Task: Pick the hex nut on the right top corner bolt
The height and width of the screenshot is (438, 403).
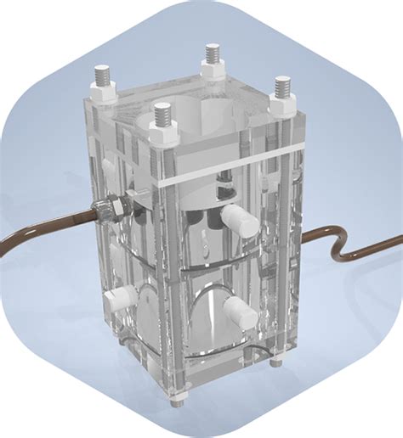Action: click(282, 101)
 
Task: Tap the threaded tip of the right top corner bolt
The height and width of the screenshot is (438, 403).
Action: click(282, 84)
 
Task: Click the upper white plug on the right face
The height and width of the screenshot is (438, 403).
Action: click(242, 219)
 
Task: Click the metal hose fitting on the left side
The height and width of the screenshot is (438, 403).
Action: click(109, 207)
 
